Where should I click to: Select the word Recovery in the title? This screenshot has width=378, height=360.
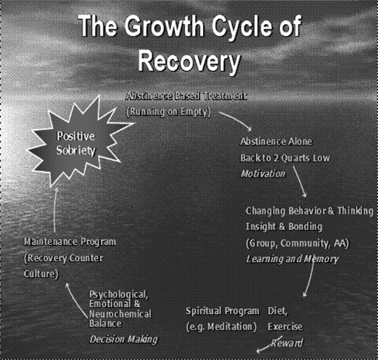(x=189, y=61)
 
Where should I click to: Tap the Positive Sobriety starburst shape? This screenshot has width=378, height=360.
(x=78, y=142)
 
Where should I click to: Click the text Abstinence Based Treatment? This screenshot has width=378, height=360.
(x=186, y=96)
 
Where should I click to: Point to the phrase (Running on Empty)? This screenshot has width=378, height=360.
(x=168, y=112)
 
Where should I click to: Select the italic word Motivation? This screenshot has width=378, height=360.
(x=263, y=173)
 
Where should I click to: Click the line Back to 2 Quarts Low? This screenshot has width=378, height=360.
(x=285, y=158)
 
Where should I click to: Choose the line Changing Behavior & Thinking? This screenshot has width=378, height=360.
(x=310, y=211)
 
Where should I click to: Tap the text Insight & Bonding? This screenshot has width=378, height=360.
(x=284, y=227)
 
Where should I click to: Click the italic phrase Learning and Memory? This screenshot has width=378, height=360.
(x=292, y=259)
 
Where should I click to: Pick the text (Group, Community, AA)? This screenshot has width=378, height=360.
(x=298, y=243)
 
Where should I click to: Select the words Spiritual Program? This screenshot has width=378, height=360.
(x=222, y=311)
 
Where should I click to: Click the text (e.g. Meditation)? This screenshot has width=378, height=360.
(x=222, y=327)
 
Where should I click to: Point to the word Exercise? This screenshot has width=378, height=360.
(x=285, y=327)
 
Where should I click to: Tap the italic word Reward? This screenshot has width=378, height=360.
(x=287, y=343)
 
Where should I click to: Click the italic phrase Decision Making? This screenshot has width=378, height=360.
(x=124, y=339)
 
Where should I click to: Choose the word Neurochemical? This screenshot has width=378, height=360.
(x=121, y=314)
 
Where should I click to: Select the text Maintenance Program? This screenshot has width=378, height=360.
(x=70, y=242)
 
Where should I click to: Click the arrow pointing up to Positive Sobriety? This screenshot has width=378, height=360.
(x=55, y=209)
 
